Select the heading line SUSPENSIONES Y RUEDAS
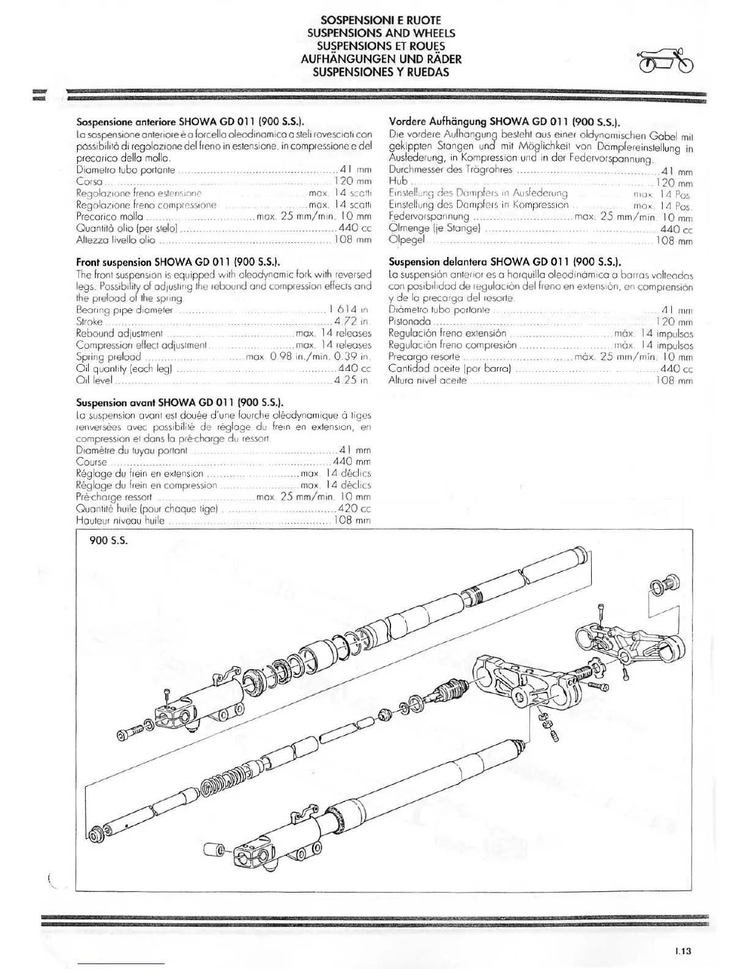click(x=381, y=72)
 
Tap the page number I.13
click(x=684, y=951)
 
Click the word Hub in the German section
click(x=398, y=181)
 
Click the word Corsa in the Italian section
click(x=89, y=181)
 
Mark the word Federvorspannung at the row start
click(x=429, y=217)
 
